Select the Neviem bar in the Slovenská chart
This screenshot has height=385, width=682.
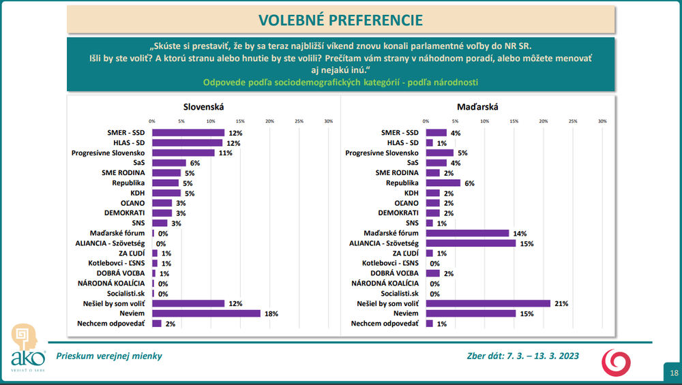(206, 313)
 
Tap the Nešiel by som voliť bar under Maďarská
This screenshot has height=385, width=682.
(488, 303)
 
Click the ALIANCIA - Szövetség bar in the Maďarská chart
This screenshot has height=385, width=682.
(471, 243)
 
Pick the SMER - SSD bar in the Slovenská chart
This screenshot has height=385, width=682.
(188, 133)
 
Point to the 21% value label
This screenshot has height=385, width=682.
(559, 303)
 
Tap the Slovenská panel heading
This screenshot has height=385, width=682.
(204, 107)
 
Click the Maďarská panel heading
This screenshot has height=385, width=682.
(477, 107)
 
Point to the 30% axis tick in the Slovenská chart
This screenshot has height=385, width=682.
(328, 121)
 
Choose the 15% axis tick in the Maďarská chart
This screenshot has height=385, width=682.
(514, 121)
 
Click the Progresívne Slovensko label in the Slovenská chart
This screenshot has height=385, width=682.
(109, 153)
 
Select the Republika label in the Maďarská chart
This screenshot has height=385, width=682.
(402, 183)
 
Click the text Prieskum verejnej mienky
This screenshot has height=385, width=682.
(109, 356)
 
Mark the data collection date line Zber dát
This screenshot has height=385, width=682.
(518, 356)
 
